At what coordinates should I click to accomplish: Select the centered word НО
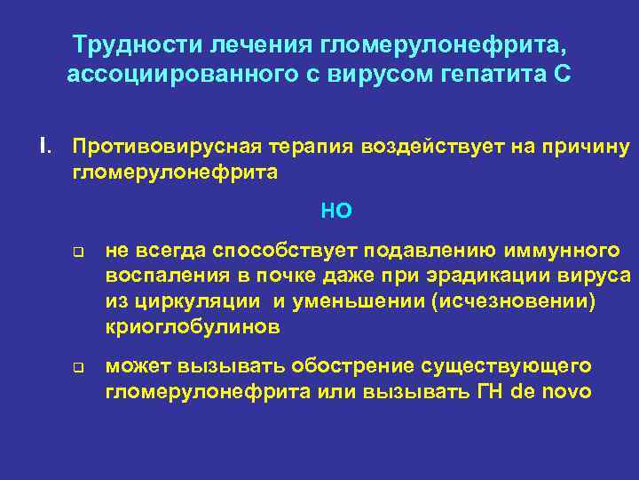tap(336, 211)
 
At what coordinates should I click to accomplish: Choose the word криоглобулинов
tap(193, 326)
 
